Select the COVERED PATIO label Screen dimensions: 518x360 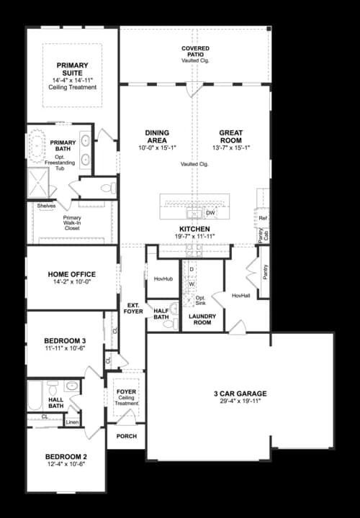coord(195,48)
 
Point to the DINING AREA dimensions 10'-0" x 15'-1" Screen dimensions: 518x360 coord(157,147)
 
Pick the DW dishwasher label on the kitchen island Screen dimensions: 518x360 coord(210,214)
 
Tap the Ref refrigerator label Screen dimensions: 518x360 coord(263,218)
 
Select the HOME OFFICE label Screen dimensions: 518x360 coord(72,274)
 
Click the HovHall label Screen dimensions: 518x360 coord(241,295)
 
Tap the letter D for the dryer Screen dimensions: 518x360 coord(192,269)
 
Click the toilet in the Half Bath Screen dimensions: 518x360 coord(170,324)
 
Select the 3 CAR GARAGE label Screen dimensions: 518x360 coord(240,394)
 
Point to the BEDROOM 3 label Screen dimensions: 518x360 coord(66,340)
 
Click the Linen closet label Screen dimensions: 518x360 coord(71,422)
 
